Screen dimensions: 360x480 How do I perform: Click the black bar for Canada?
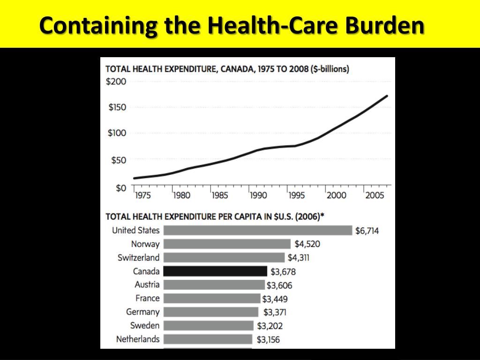[x=215, y=271]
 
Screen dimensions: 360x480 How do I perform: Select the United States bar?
[x=257, y=230]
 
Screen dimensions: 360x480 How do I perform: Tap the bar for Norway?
[x=227, y=244]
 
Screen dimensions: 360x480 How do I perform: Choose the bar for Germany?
[x=211, y=312]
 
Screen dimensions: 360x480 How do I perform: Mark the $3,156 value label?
[x=268, y=339]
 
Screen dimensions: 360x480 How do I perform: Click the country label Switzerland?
[x=138, y=257]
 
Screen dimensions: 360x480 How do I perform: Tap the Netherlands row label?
[x=138, y=339]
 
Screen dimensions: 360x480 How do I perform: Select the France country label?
[x=147, y=298]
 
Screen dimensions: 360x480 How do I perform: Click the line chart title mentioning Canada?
[x=227, y=68]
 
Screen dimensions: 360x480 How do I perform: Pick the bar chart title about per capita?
[x=215, y=217]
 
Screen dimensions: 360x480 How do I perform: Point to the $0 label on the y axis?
[x=121, y=188]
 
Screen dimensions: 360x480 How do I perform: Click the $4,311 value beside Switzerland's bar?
[x=299, y=258]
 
